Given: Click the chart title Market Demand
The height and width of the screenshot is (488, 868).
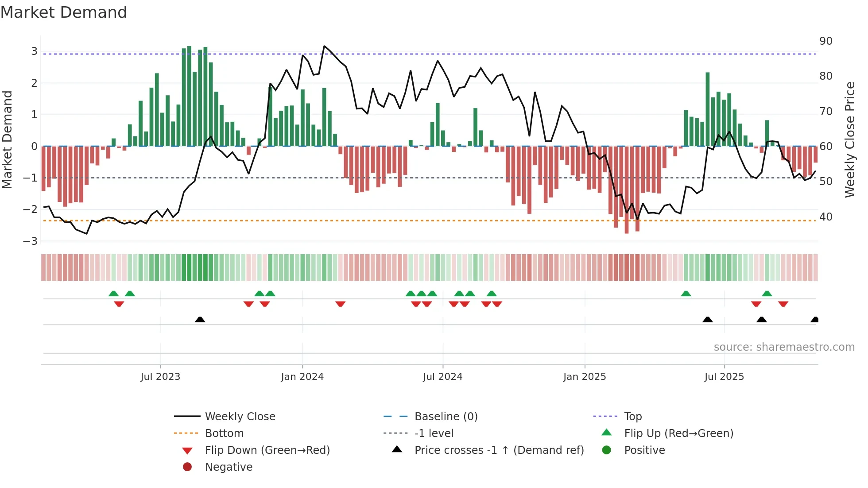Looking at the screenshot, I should (64, 12).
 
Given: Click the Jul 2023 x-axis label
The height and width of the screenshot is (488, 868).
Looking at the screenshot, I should (160, 377).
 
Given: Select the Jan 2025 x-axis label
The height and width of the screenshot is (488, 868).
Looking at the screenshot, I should (585, 377).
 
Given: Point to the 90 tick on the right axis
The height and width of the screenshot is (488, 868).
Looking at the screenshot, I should (826, 41).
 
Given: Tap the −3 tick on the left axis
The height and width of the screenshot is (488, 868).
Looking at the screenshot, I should (30, 241).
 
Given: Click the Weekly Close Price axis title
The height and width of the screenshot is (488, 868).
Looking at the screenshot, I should (849, 139).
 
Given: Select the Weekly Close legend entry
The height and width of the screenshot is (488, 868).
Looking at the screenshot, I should (240, 417).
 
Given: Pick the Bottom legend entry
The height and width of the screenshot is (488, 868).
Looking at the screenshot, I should (224, 434).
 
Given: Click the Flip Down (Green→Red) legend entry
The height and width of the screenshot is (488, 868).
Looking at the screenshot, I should (267, 450).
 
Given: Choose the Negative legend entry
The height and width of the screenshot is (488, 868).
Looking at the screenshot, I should (229, 467).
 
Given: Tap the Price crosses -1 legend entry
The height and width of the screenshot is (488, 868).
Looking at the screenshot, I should (499, 450).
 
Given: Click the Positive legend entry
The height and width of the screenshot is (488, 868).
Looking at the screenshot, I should (644, 450).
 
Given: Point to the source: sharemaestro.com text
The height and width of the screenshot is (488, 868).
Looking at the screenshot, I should (784, 347).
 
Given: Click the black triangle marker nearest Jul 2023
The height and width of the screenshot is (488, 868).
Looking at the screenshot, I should (200, 319).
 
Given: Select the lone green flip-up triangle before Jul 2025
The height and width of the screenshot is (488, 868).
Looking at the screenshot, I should (686, 294).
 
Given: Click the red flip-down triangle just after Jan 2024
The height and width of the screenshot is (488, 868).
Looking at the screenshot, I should (340, 304).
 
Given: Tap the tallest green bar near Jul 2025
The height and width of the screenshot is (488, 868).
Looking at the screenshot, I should (708, 109).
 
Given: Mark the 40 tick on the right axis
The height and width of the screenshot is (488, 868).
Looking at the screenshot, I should (826, 217).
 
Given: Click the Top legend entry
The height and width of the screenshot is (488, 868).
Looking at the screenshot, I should (633, 417).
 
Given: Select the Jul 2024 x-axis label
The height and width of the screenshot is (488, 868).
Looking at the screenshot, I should (442, 377).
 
